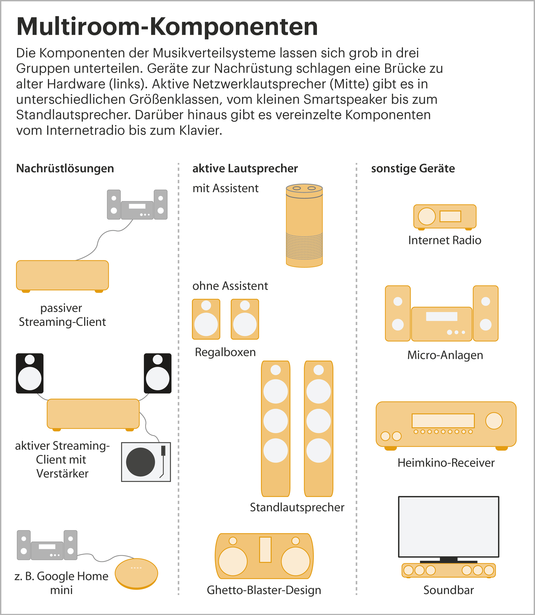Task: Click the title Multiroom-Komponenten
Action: (x=167, y=27)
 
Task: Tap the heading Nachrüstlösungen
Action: (x=65, y=169)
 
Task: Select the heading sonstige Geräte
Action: (x=413, y=169)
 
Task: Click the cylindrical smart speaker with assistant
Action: (x=304, y=226)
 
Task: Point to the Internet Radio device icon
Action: (x=444, y=217)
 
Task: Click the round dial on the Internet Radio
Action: (x=427, y=216)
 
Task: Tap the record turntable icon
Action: (x=146, y=462)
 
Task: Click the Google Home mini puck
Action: (x=136, y=574)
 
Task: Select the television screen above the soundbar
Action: (x=448, y=527)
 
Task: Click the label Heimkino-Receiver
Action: (x=446, y=463)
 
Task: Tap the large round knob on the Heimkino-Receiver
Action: (x=494, y=421)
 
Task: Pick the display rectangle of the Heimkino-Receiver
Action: (x=443, y=421)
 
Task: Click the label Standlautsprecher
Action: (x=297, y=507)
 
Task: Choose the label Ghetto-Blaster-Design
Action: (x=264, y=590)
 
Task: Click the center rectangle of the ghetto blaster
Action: (x=265, y=550)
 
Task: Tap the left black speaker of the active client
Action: (x=29, y=373)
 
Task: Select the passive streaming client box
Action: (x=62, y=275)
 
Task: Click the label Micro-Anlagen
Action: (x=445, y=355)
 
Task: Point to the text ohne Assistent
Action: (x=230, y=286)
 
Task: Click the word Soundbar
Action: (x=448, y=590)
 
